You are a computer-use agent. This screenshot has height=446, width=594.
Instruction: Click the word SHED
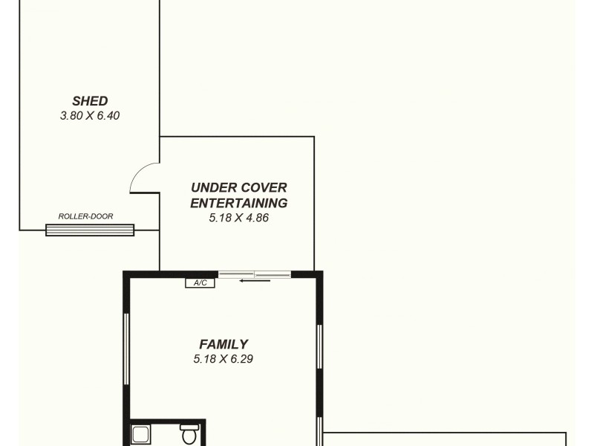pos(90,101)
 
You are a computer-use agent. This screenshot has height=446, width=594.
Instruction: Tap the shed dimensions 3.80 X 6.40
pos(90,116)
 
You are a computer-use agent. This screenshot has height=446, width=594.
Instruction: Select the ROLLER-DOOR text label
pos(86,216)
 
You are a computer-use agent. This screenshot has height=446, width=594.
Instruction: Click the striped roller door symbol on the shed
pos(90,230)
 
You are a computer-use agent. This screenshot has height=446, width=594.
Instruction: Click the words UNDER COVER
pos(238,188)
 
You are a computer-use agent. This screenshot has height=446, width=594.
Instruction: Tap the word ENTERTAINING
pos(238,203)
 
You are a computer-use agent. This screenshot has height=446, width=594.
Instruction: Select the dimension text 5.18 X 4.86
pos(238,219)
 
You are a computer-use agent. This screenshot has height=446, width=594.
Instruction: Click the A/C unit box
pos(200,283)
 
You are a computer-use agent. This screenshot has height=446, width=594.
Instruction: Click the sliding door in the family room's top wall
pos(255,274)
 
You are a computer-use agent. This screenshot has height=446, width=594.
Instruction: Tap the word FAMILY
pos(223,344)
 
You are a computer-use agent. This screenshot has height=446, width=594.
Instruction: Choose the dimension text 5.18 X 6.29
pos(223,359)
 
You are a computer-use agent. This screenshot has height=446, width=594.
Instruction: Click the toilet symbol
pos(189,433)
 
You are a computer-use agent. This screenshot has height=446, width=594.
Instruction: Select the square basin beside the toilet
pos(141,434)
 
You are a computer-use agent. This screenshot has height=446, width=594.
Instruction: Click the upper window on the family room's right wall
pos(319,346)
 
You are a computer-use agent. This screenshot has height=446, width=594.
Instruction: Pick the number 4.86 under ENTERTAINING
pos(255,219)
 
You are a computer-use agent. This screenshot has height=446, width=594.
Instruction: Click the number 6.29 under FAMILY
pos(241,359)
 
